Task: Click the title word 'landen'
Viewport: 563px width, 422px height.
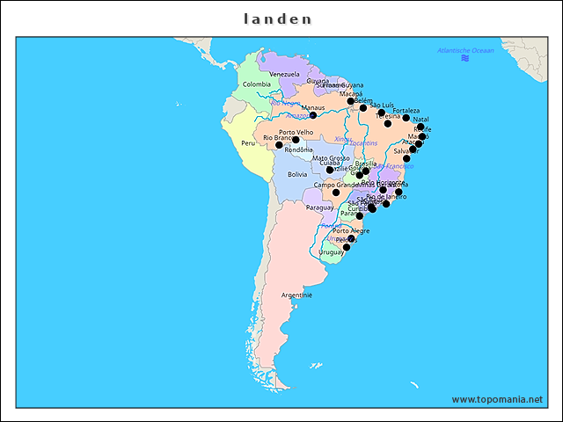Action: [277, 18]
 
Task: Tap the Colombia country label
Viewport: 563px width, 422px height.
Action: [257, 84]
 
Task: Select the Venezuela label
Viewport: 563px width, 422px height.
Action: [284, 74]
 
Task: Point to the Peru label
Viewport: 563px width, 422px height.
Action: [248, 142]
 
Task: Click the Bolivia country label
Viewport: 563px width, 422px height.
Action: [297, 174]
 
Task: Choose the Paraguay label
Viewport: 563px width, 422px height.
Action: [318, 207]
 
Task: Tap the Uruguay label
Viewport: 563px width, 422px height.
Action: [331, 251]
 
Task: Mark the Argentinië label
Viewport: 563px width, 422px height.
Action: [296, 295]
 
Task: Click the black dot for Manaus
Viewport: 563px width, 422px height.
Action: [312, 115]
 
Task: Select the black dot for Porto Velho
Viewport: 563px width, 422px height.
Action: [296, 140]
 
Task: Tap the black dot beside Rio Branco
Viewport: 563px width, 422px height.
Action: [280, 145]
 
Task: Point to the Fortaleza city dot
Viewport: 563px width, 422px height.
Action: [406, 118]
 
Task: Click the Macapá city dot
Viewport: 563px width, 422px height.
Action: [350, 101]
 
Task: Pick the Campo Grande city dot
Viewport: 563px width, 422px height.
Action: [335, 192]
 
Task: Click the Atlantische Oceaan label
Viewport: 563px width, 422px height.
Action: [465, 50]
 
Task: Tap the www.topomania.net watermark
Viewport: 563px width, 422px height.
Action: [497, 399]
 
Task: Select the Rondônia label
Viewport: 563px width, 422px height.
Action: [299, 149]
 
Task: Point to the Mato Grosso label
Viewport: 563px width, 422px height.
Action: [331, 158]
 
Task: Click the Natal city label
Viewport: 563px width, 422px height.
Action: [420, 120]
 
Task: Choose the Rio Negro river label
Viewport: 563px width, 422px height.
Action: [285, 103]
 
